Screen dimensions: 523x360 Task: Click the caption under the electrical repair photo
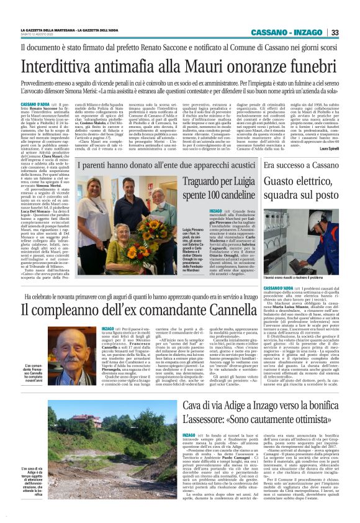(x=304, y=277)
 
